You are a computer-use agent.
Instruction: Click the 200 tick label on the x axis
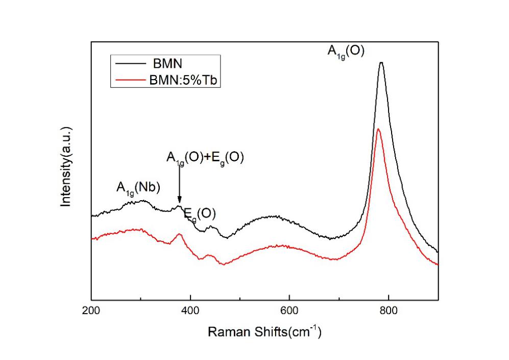pos(91,309)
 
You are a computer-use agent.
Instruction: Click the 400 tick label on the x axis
pos(190,309)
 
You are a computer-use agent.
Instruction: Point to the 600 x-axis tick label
pos(289,309)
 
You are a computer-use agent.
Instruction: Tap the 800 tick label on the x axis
pos(389,309)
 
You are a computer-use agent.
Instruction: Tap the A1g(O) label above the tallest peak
pos(346,51)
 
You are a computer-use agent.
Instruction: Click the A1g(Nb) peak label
pos(138,188)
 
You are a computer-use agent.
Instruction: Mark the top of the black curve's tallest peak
pos(381,63)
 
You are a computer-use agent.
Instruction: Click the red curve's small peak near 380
pos(179,234)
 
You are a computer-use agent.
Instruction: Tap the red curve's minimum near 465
pos(222,264)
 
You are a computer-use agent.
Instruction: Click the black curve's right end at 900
pos(438,252)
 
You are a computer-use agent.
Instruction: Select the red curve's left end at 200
pos(92,238)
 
